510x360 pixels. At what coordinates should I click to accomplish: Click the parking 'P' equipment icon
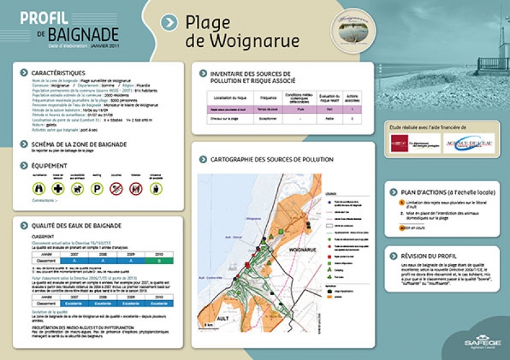coord(96,189)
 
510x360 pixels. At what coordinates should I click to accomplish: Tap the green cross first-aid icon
coord(58,189)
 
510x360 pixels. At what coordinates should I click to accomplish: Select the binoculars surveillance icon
coord(39,189)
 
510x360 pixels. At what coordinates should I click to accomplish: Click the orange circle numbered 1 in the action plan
coord(402,203)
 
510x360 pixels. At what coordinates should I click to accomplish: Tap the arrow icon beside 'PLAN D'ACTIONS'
coord(394,192)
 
